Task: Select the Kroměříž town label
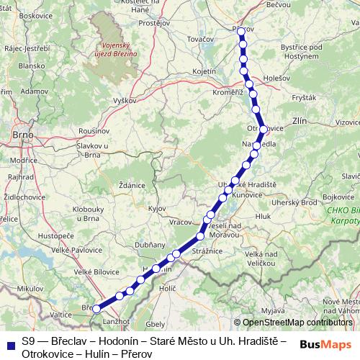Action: [227, 92]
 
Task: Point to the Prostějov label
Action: [153, 23]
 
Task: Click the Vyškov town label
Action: [124, 101]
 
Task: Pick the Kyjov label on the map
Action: [157, 208]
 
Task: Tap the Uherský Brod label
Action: [298, 202]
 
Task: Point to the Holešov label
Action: [276, 77]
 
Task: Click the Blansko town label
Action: [31, 65]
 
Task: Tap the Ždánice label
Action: [132, 185]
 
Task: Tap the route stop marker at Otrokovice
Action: [264, 130]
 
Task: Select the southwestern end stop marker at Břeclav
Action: [96, 309]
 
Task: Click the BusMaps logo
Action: [326, 344]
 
